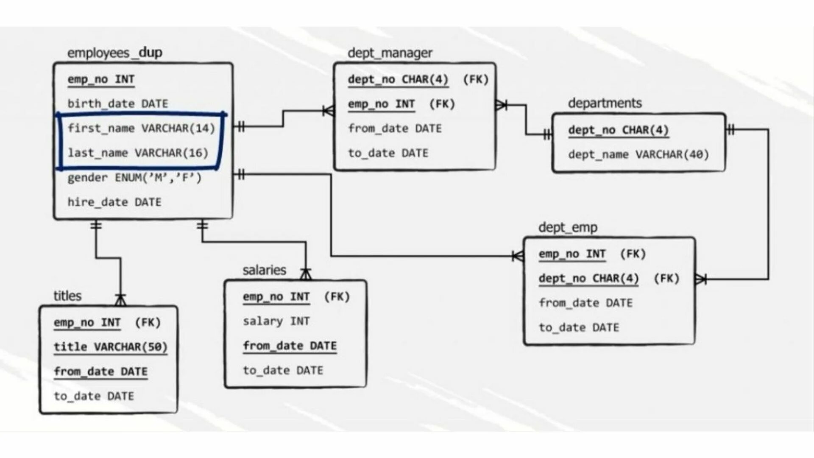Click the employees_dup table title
[x=114, y=53]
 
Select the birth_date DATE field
[x=118, y=104]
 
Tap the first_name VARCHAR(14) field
[x=141, y=128]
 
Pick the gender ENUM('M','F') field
[x=134, y=178]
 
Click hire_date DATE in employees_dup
[x=114, y=202]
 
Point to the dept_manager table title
[x=390, y=53]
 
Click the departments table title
[x=605, y=103]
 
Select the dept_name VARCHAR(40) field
[x=638, y=154]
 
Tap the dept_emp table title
[x=568, y=228]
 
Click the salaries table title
[x=264, y=270]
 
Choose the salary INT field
[x=276, y=321]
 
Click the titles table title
[x=67, y=296]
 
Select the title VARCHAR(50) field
[x=110, y=347]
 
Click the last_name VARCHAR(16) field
[x=138, y=153]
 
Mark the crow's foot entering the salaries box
[x=306, y=274]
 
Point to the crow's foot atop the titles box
[x=121, y=300]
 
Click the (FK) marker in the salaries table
[x=337, y=297]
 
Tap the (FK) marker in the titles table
[x=148, y=323]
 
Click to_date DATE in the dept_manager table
[x=388, y=153]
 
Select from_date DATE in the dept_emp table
[x=585, y=303]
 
